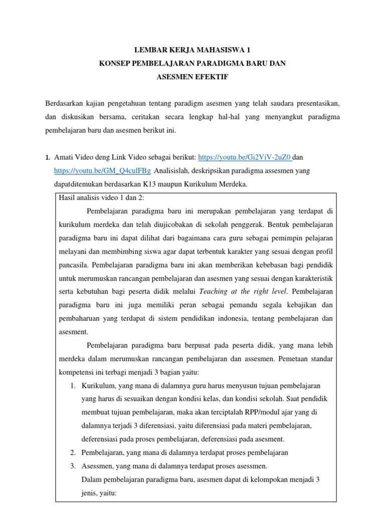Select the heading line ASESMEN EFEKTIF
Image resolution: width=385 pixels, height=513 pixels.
click(192, 78)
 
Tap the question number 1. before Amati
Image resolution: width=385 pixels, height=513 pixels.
click(48, 158)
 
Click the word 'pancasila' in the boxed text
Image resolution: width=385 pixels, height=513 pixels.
click(73, 265)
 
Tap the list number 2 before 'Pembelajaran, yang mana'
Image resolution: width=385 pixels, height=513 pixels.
click(73, 452)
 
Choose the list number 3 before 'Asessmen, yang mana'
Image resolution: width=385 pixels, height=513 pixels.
click(73, 466)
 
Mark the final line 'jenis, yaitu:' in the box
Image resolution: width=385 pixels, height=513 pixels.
click(98, 493)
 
